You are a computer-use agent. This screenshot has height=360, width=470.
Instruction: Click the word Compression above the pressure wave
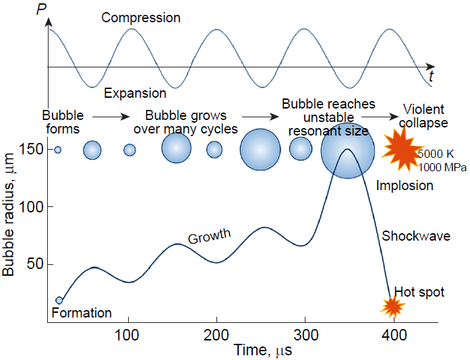pos(141,18)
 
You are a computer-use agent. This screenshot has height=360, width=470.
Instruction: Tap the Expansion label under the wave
pos(134,93)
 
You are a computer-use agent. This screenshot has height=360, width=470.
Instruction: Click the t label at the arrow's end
pos(431,78)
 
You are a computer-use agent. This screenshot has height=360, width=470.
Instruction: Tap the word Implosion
pos(405,185)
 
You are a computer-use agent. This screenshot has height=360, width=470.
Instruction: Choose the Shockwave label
pos(416,236)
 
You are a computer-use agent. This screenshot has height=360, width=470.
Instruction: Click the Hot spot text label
pos(419,292)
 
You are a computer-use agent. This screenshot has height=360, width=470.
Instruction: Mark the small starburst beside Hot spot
pos(392,307)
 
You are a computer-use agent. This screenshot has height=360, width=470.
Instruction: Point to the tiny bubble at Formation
pos(59,300)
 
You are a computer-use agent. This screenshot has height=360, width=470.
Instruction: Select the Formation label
pos(81,313)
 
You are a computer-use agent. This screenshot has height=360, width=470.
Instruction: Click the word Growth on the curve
pos(209,237)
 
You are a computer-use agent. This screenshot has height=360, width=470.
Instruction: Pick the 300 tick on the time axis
pos(305,336)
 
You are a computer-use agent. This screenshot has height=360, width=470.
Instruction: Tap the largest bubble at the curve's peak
pos(347,150)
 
